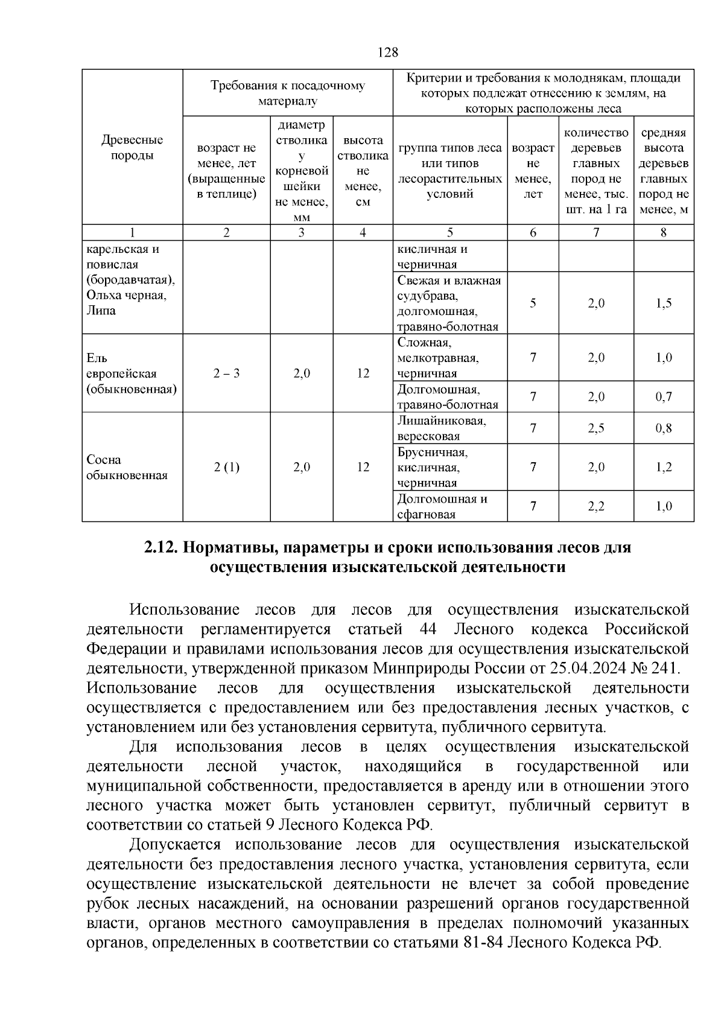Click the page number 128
(388, 52)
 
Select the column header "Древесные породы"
(132, 148)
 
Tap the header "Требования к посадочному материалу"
(287, 94)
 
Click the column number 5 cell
(449, 233)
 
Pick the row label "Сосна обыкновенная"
(127, 468)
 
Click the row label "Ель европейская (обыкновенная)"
(131, 374)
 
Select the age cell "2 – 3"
(226, 374)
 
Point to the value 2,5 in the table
(595, 429)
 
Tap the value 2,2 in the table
(595, 507)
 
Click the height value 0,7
(663, 397)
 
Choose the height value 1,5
(663, 304)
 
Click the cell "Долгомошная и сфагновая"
(450, 507)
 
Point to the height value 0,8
(663, 429)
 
